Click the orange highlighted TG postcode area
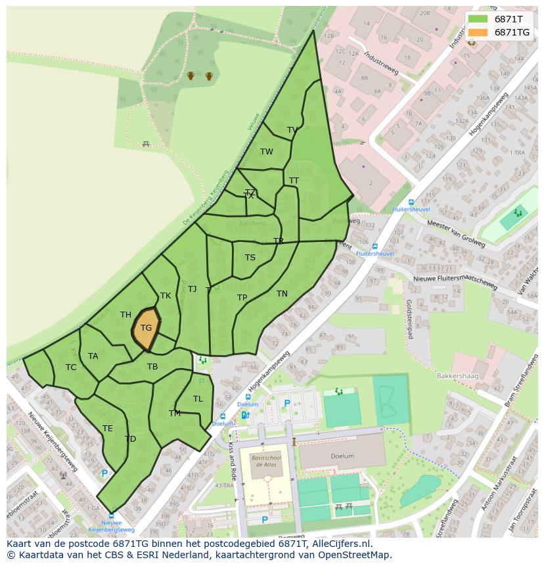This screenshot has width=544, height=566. pyautogui.click(x=146, y=328)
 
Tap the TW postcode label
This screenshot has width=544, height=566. pyautogui.click(x=267, y=152)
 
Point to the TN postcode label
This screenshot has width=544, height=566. pyautogui.click(x=282, y=294)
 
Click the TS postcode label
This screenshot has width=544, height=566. pyautogui.click(x=250, y=258)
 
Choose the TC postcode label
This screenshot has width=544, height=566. pyautogui.click(x=71, y=367)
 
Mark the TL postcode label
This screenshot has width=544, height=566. pyautogui.click(x=198, y=399)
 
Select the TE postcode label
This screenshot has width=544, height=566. pyautogui.click(x=108, y=429)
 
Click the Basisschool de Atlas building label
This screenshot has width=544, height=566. pyautogui.click(x=266, y=461)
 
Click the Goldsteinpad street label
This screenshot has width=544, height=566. pyautogui.click(x=409, y=319)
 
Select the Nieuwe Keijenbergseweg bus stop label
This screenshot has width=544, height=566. pyautogui.click(x=111, y=526)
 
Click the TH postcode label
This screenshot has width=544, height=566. pyautogui.click(x=125, y=315)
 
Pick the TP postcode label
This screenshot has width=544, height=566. pyautogui.click(x=242, y=298)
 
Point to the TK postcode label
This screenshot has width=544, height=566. pyautogui.click(x=166, y=296)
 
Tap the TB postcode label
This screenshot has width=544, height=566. pyautogui.click(x=152, y=367)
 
